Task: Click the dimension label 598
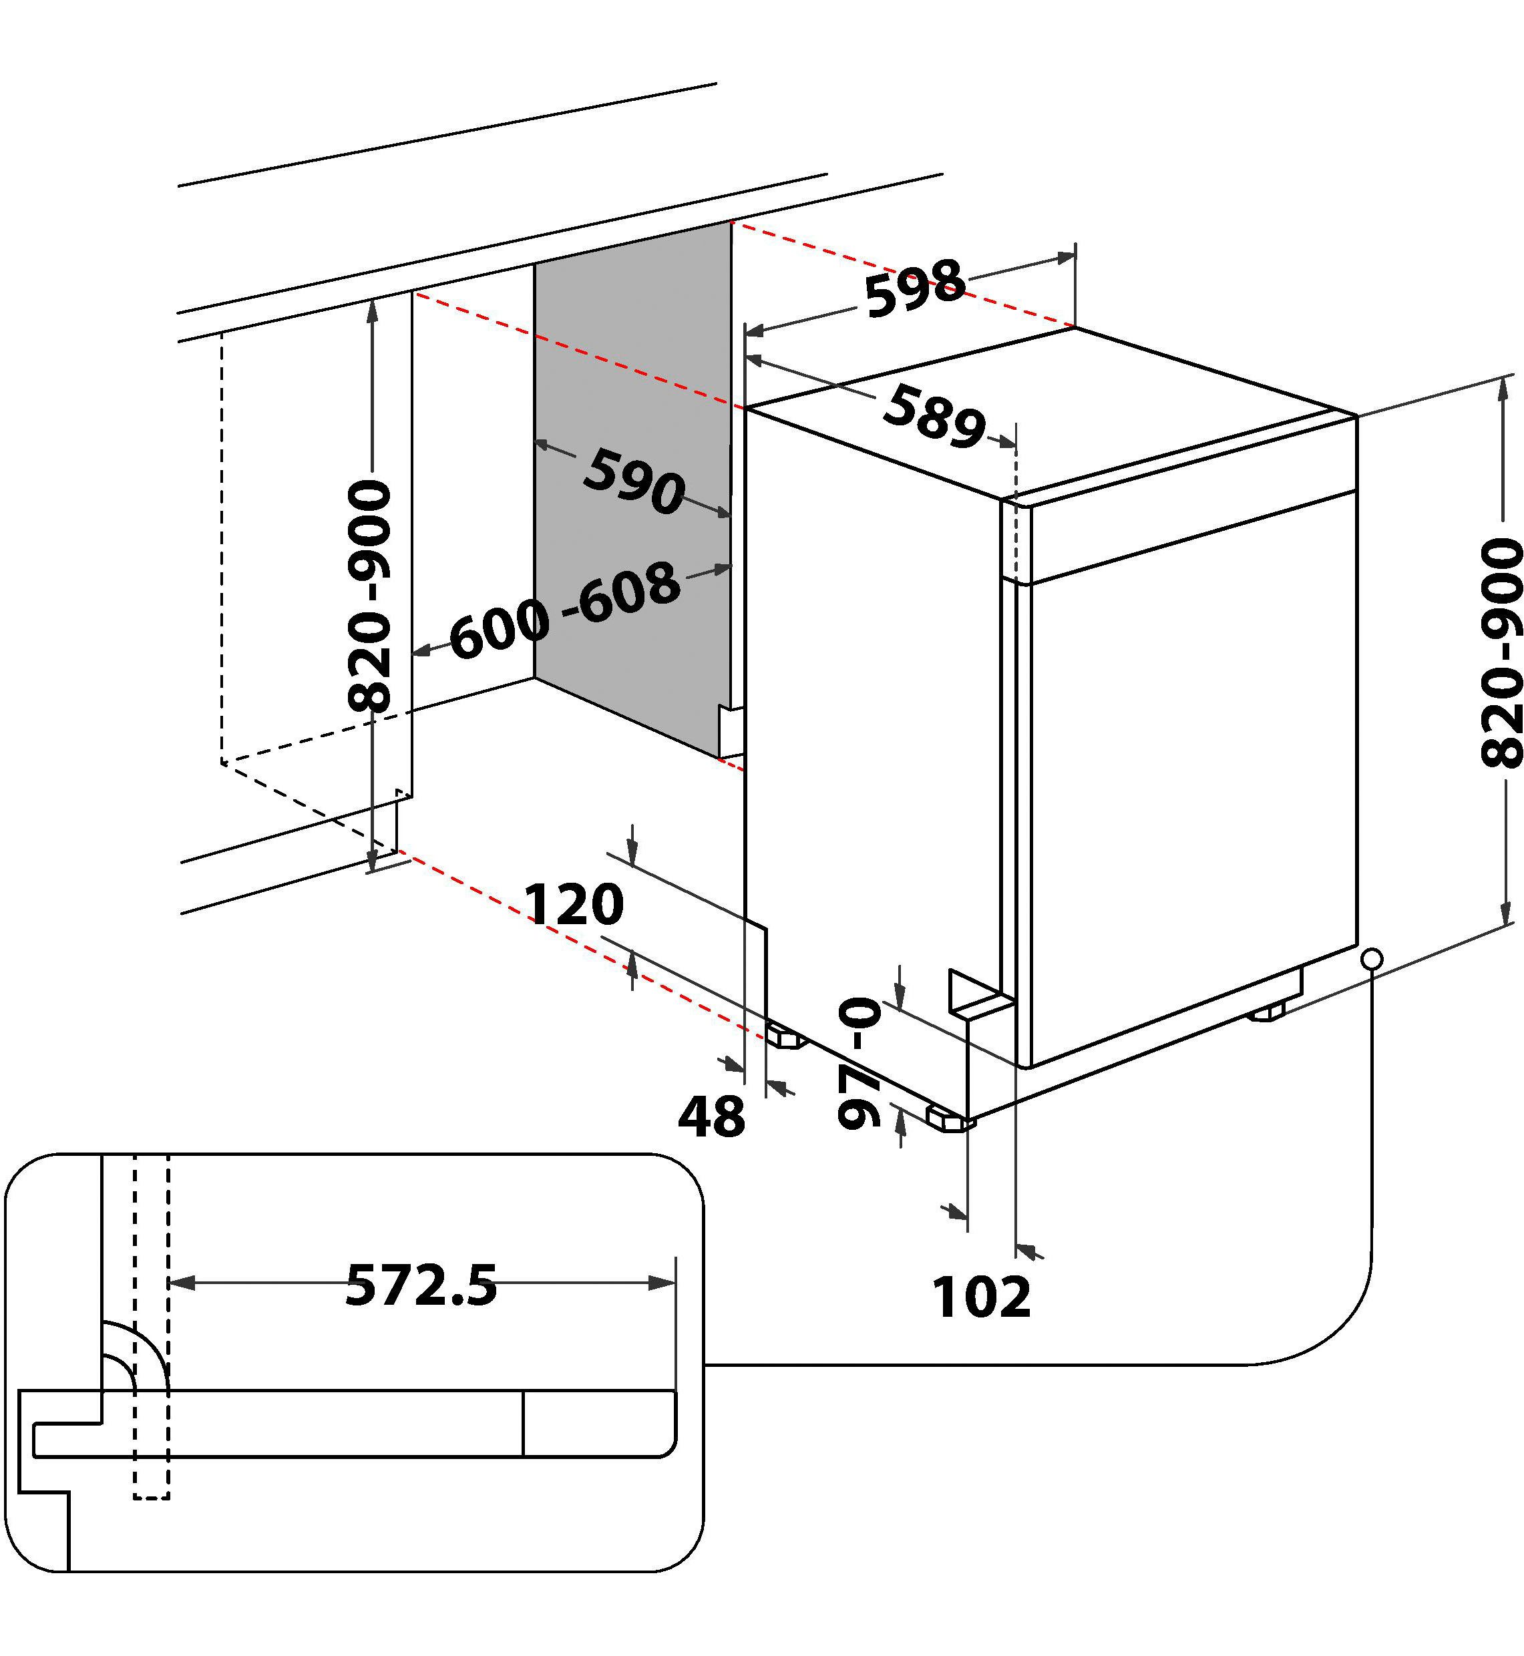(916, 288)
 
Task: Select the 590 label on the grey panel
(633, 481)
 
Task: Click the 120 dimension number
(575, 905)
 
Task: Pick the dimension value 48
(711, 1118)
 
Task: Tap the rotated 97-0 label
(860, 1062)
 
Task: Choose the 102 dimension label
(981, 1297)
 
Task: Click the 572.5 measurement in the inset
(421, 1285)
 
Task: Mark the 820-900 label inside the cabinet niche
(369, 586)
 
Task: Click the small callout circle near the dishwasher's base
(1372, 959)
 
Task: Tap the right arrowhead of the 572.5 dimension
(663, 1283)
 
